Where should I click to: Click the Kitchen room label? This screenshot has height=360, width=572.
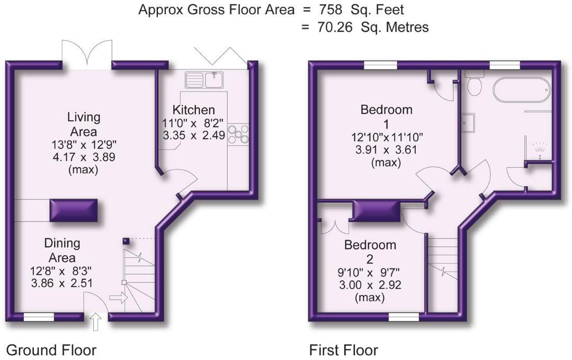tap(194, 110)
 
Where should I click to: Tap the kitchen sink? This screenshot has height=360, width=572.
tap(205, 80)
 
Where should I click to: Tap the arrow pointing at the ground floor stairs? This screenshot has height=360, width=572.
tap(118, 298)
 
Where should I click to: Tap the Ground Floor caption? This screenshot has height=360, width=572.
tap(51, 350)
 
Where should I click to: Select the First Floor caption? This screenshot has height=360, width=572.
tap(344, 350)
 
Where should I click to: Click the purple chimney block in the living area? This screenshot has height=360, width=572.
tap(74, 211)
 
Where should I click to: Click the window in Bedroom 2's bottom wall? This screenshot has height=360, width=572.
tap(404, 317)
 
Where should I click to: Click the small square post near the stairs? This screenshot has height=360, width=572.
tap(125, 241)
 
